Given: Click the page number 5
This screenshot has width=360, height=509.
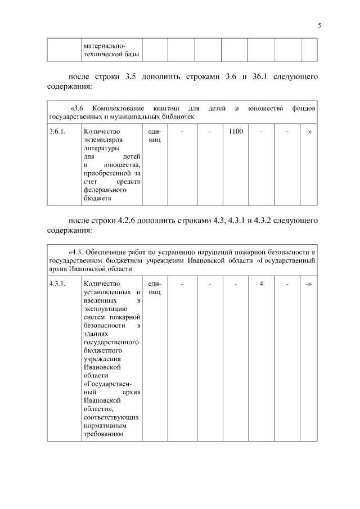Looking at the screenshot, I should coord(319,25).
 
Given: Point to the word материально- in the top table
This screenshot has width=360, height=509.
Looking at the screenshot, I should coord(105,45).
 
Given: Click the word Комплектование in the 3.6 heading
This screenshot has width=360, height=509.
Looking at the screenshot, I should coord(119,107).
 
